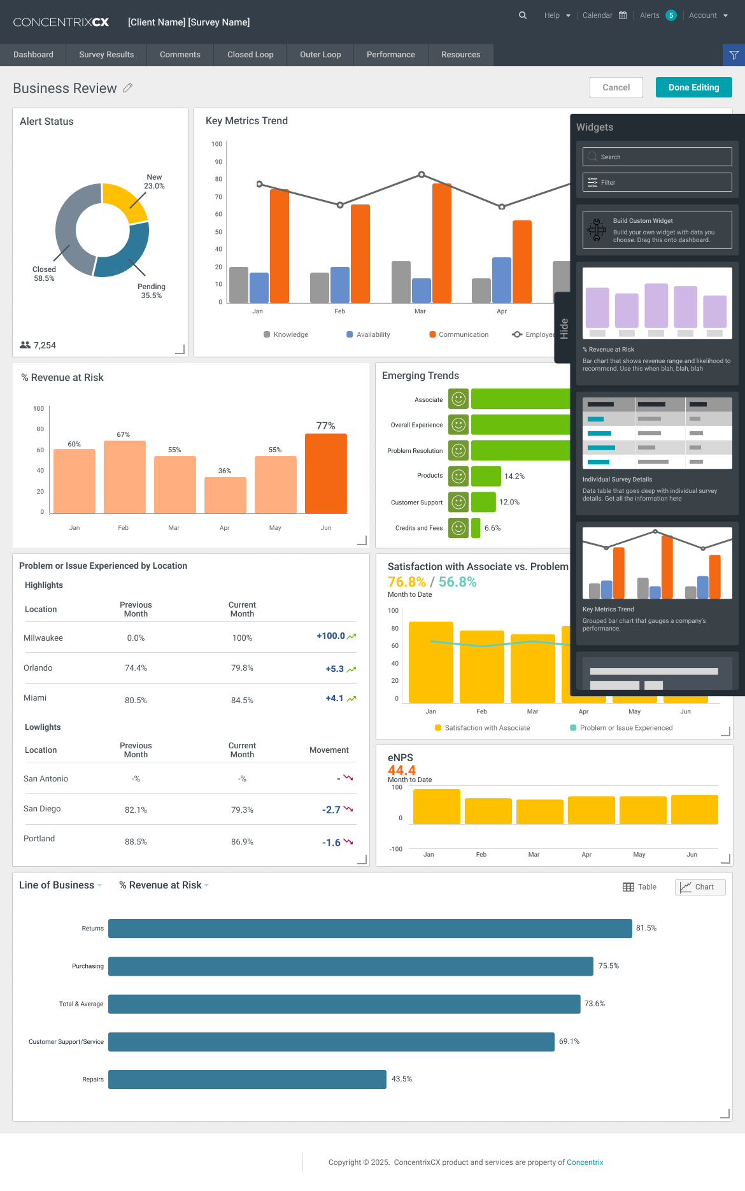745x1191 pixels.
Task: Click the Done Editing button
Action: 693,87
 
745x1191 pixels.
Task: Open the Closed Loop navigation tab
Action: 250,55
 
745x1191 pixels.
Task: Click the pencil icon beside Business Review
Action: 127,88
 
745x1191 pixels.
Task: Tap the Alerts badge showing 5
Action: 671,15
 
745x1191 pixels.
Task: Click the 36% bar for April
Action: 225,495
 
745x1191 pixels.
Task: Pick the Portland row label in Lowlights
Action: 39,839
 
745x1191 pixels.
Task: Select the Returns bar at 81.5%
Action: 370,929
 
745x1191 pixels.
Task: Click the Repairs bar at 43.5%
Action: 247,1080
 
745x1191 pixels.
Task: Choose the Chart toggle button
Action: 700,887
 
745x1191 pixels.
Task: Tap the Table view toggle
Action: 639,887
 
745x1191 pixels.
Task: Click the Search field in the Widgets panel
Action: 657,157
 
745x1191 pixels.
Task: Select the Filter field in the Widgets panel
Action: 657,182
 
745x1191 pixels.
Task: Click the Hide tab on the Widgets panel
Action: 564,328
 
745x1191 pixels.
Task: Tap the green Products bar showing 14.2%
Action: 486,476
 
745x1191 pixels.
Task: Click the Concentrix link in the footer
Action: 585,1162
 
